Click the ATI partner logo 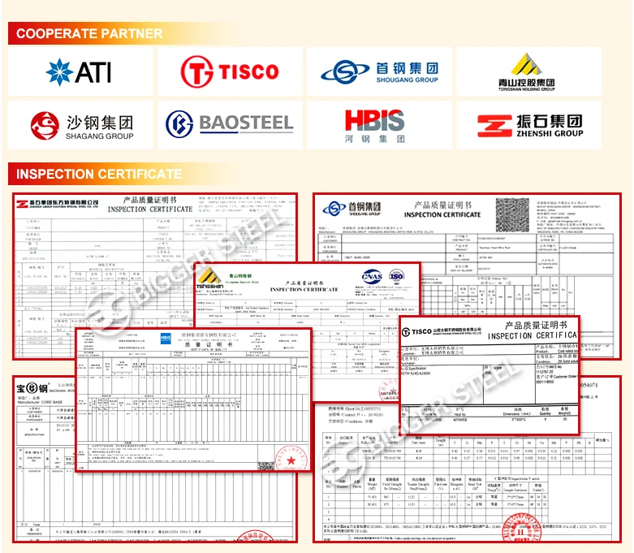pos(79,71)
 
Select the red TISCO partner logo pos(229,71)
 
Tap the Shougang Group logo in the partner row pos(379,71)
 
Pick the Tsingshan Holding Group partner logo pos(527,71)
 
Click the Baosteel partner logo pos(229,124)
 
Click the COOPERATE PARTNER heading pos(89,33)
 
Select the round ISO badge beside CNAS pos(397,276)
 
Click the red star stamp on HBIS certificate pos(290,461)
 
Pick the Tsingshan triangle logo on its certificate pos(208,276)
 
